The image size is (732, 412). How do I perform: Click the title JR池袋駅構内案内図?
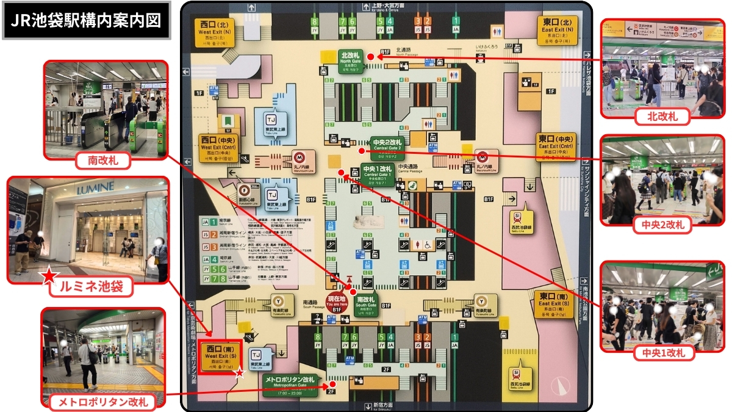(87, 21)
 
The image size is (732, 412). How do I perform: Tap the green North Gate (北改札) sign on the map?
(352, 60)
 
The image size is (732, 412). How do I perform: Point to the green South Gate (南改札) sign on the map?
(366, 303)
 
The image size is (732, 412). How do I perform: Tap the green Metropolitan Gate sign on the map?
(290, 385)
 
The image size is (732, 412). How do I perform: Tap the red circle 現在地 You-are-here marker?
(337, 303)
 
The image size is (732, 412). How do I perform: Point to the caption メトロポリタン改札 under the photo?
(103, 402)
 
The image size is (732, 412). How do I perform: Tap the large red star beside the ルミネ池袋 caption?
(48, 278)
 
